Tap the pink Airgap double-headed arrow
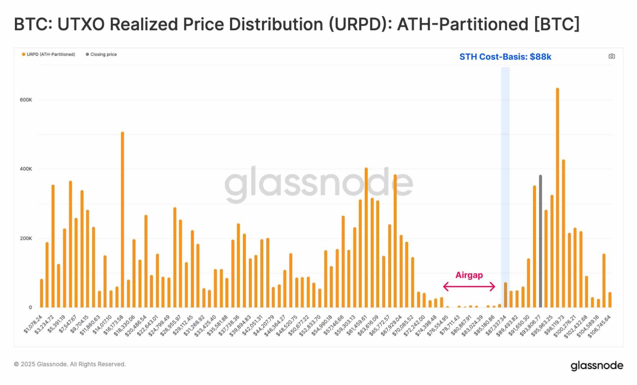(469, 287)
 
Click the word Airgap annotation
(469, 275)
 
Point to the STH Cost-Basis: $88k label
(505, 57)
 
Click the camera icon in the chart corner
(612, 56)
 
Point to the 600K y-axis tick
(26, 100)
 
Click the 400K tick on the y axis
(26, 169)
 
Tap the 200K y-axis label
(26, 238)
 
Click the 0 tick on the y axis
(30, 307)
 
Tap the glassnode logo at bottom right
(597, 366)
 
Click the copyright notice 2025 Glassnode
(70, 364)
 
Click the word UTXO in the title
(81, 24)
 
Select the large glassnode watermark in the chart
(318, 183)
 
